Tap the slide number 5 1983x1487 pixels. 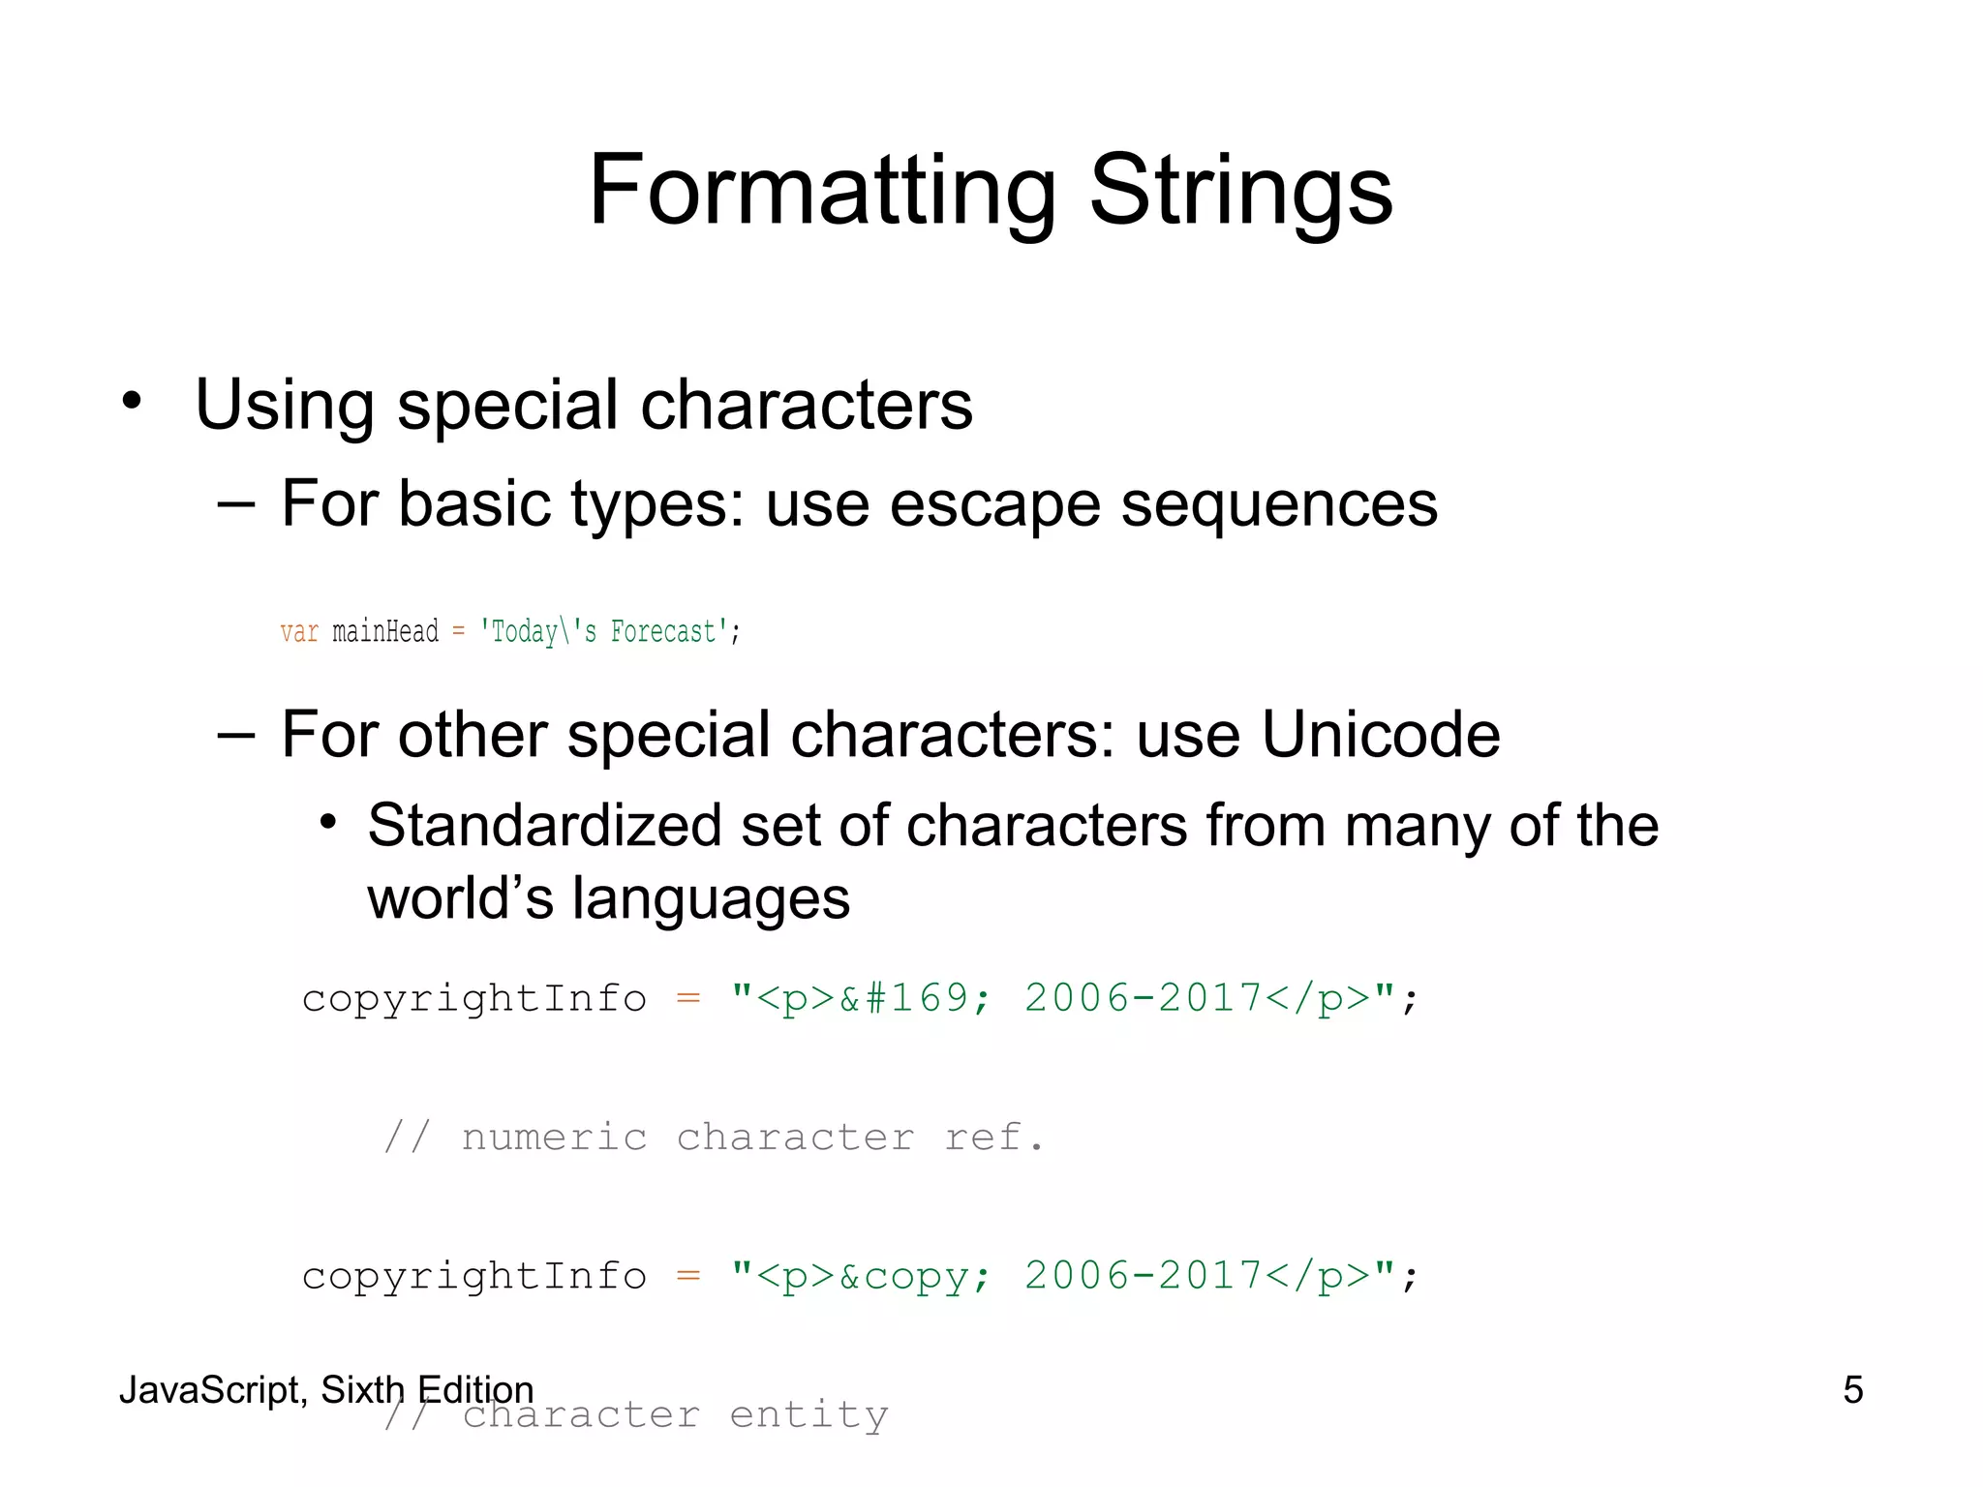(x=1852, y=1389)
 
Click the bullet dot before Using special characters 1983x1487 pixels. (x=133, y=400)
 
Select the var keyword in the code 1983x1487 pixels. (x=299, y=632)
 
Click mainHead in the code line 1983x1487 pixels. (x=385, y=632)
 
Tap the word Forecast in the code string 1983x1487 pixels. (x=663, y=632)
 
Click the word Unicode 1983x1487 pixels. (x=1381, y=734)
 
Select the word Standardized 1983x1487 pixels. (x=545, y=825)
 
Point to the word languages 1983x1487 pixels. (x=711, y=898)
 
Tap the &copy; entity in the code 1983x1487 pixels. (x=914, y=1276)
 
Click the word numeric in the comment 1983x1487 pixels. (x=554, y=1138)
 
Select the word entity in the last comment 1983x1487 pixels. (x=808, y=1415)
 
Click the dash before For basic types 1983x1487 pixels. (x=236, y=503)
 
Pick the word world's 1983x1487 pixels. (x=460, y=898)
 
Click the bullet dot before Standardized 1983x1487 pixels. (x=328, y=823)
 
